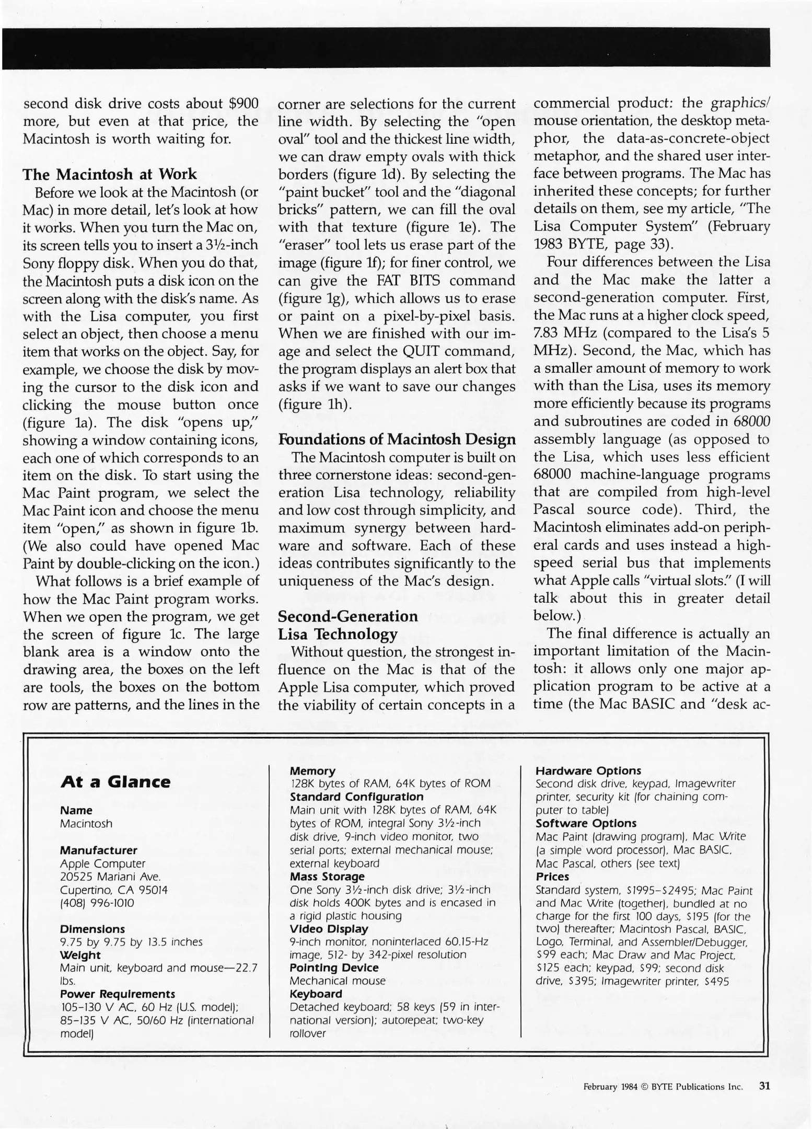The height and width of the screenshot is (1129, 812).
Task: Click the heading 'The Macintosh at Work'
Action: point(110,174)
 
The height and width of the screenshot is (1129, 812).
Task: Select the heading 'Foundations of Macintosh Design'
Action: point(397,439)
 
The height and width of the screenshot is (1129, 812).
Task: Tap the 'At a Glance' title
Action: point(115,782)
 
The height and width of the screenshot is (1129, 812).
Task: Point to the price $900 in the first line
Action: point(243,103)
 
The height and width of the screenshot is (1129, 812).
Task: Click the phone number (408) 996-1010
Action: point(97,903)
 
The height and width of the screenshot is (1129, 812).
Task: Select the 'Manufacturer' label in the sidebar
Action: point(98,850)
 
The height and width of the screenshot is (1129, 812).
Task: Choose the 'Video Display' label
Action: point(329,929)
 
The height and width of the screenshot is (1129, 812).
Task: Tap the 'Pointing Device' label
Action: point(334,967)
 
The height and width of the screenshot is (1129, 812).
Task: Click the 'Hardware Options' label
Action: point(588,770)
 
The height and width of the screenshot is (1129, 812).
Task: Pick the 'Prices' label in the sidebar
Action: point(552,877)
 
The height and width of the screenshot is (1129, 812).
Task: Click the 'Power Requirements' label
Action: point(117,994)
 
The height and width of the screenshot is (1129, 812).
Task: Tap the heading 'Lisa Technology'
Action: point(338,634)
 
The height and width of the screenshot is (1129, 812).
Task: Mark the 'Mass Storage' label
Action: point(327,877)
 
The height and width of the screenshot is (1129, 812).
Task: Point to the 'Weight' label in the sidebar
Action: point(80,954)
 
